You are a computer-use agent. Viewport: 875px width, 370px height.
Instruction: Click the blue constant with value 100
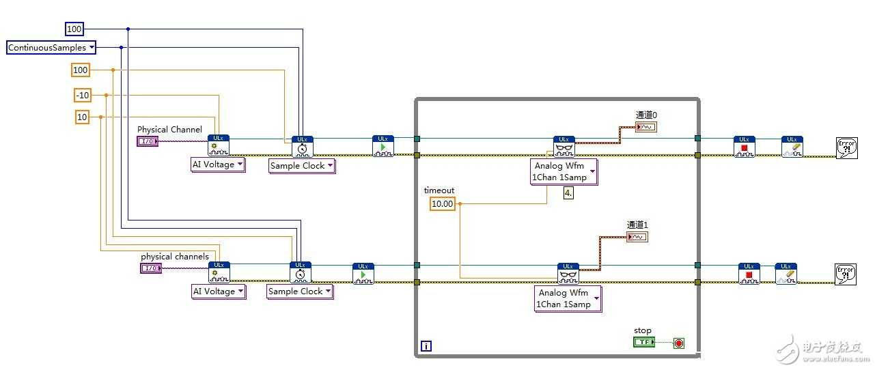[x=74, y=29]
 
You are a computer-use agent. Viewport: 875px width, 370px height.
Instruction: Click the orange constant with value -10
[x=82, y=96]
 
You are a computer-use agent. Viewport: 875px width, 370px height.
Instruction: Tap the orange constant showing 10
[x=82, y=117]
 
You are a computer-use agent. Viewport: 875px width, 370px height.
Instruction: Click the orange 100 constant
[x=81, y=70]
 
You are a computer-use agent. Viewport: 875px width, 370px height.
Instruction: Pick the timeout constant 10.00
[x=442, y=203]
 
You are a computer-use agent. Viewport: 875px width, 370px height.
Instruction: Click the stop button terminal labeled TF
[x=643, y=342]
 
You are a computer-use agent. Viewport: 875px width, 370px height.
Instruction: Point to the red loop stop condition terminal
[x=678, y=343]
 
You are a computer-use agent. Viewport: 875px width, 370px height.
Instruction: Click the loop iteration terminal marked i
[x=426, y=346]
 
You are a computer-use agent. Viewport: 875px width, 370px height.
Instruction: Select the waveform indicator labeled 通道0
[x=645, y=127]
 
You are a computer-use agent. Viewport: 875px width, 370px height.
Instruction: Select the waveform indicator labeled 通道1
[x=637, y=237]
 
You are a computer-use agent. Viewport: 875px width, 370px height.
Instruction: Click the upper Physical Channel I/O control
[x=148, y=141]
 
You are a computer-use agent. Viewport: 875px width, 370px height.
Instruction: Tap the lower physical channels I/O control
[x=150, y=268]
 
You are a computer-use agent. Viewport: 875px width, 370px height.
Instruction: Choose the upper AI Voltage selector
[x=218, y=165]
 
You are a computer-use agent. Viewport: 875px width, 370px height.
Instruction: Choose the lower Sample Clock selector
[x=299, y=291]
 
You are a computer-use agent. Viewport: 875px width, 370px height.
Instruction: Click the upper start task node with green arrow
[x=383, y=146]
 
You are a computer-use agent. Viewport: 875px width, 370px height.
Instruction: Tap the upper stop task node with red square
[x=744, y=146]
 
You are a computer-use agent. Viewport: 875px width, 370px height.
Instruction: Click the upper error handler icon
[x=847, y=147]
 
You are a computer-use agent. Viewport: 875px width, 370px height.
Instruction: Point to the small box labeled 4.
[x=568, y=193]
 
